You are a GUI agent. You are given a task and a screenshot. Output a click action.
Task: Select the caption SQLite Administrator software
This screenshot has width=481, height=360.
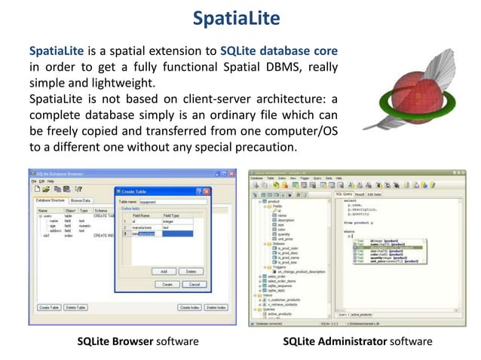[x=358, y=341]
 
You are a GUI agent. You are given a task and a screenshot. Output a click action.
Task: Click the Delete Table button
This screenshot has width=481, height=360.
[x=75, y=307]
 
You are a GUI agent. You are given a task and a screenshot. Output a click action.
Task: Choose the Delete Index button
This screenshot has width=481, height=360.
[x=216, y=307]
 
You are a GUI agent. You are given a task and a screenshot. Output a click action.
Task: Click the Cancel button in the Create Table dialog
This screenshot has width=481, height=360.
[x=194, y=284]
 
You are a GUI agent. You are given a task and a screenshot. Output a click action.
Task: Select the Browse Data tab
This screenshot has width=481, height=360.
[x=81, y=201]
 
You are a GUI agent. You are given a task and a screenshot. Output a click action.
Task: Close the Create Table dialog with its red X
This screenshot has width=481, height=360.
[x=205, y=191]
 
